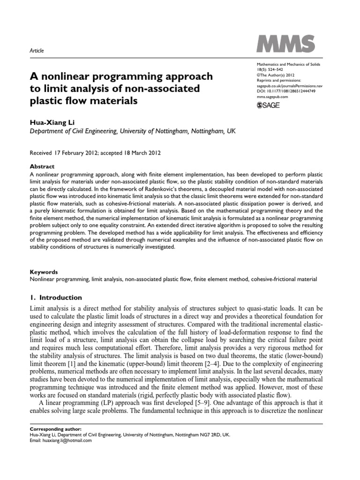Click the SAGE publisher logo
pos(268,105)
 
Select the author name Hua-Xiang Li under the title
pos(49,122)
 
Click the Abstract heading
pos(42,166)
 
